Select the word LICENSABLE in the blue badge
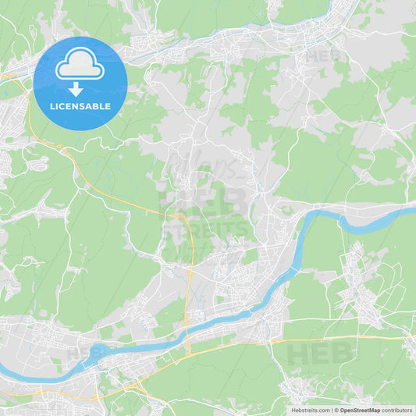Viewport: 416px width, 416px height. (x=80, y=106)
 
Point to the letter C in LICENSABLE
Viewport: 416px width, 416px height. (x=66, y=106)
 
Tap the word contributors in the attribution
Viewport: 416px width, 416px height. (x=397, y=409)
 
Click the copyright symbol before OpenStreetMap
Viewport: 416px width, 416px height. (x=336, y=409)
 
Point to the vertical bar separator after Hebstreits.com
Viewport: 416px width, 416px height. (x=331, y=409)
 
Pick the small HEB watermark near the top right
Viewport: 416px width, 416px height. (x=322, y=56)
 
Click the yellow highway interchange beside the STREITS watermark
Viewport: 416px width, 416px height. (x=180, y=215)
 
